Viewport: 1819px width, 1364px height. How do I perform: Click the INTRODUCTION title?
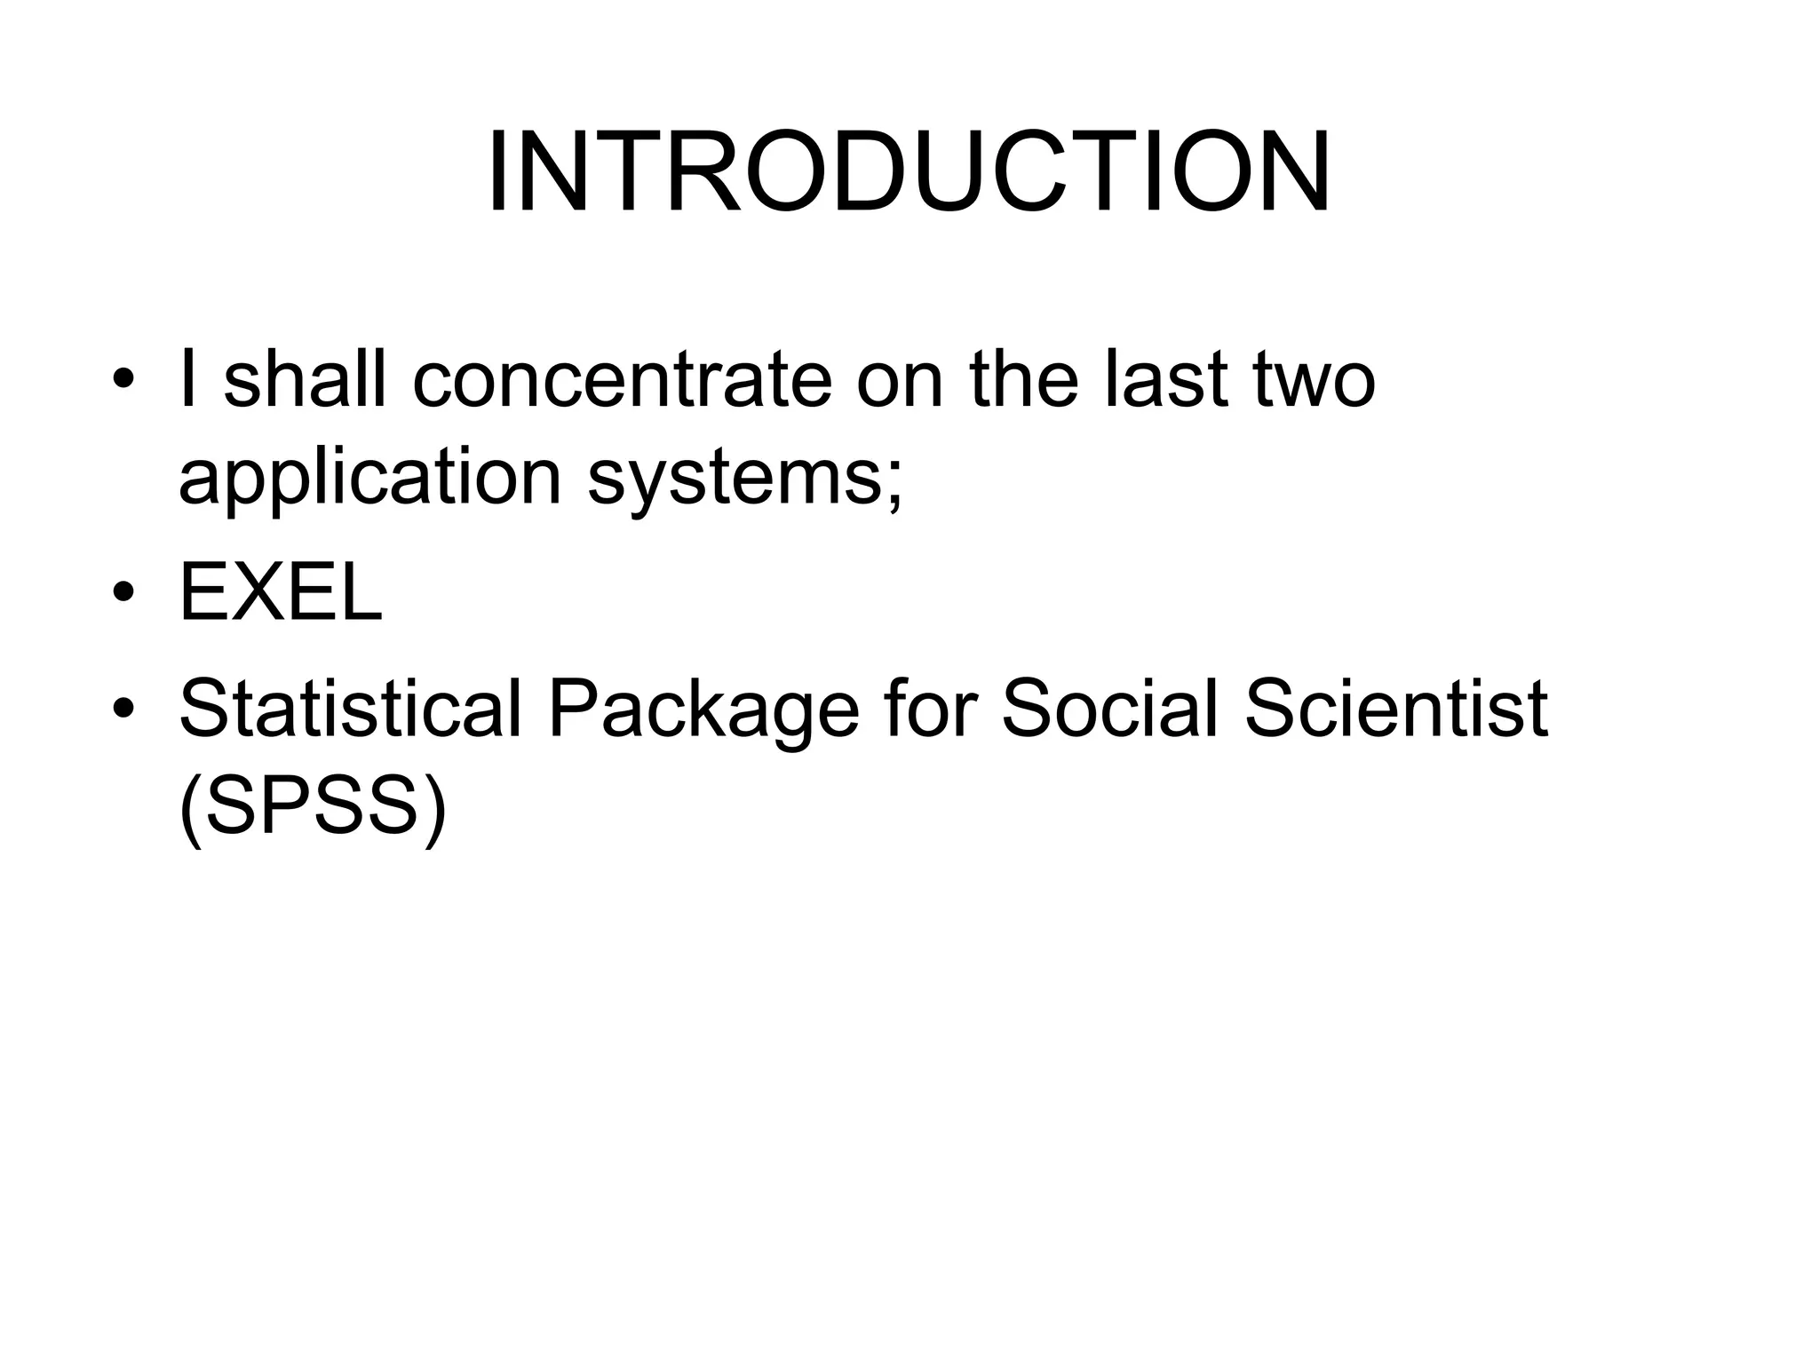909,173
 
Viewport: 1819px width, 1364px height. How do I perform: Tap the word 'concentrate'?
622,380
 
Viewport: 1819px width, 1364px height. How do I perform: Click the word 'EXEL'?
281,593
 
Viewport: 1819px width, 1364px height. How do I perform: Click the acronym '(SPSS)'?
312,808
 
